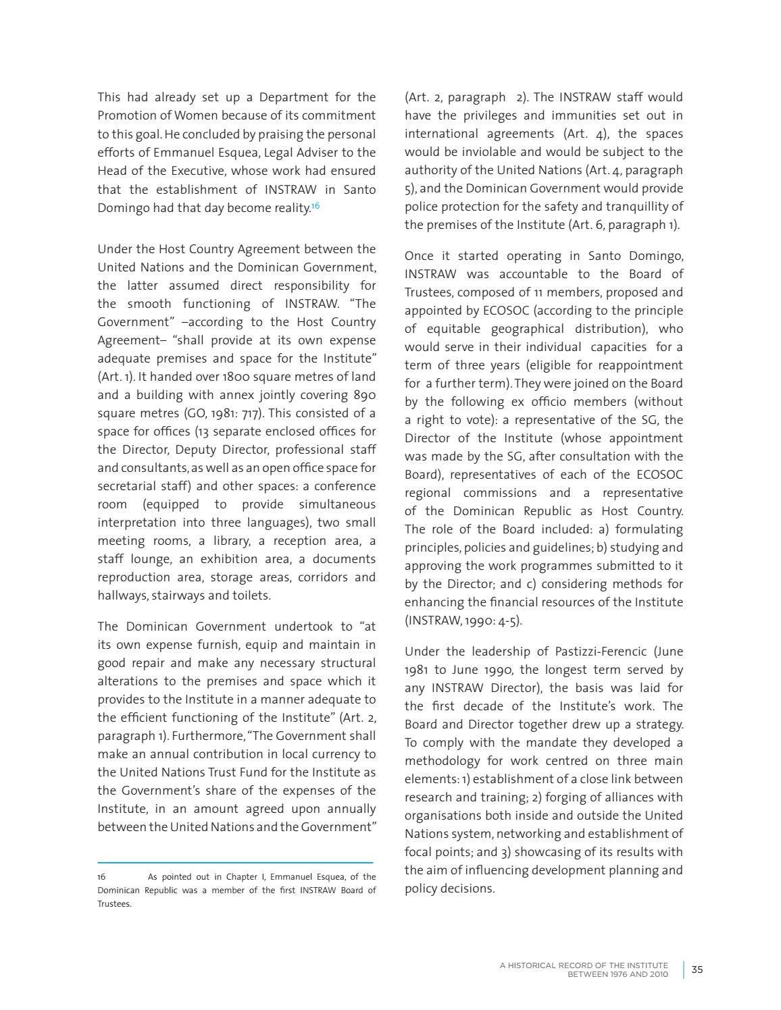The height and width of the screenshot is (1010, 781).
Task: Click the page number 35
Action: coord(697,969)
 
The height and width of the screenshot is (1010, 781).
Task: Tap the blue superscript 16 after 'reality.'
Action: coord(315,205)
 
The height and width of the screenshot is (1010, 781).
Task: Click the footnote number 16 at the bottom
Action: coord(101,877)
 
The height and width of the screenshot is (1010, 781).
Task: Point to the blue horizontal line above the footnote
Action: coord(235,862)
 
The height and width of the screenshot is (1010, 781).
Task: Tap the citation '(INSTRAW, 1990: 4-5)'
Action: coord(463,620)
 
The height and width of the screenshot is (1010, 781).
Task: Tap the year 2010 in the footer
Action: coord(657,974)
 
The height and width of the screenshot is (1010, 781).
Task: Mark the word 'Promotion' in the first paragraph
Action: coord(125,115)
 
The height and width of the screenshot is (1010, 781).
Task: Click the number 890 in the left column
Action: coord(364,395)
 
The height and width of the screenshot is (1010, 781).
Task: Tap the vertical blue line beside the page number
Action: coord(683,969)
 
